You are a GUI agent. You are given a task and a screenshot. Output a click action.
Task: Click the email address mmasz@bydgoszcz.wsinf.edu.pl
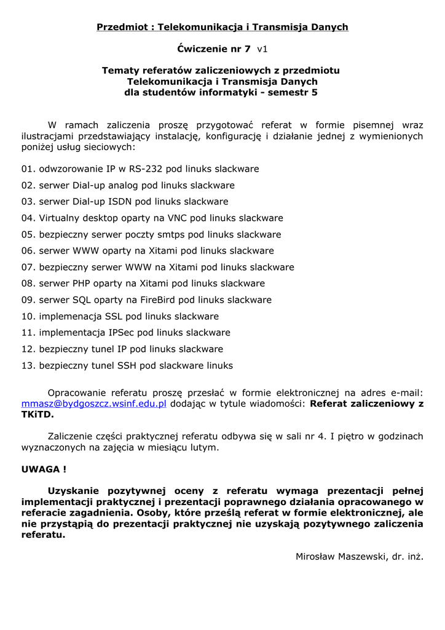(x=94, y=404)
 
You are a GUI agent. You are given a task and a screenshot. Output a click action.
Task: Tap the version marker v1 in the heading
(x=262, y=49)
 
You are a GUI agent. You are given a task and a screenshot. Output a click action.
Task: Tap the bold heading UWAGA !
(x=44, y=469)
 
